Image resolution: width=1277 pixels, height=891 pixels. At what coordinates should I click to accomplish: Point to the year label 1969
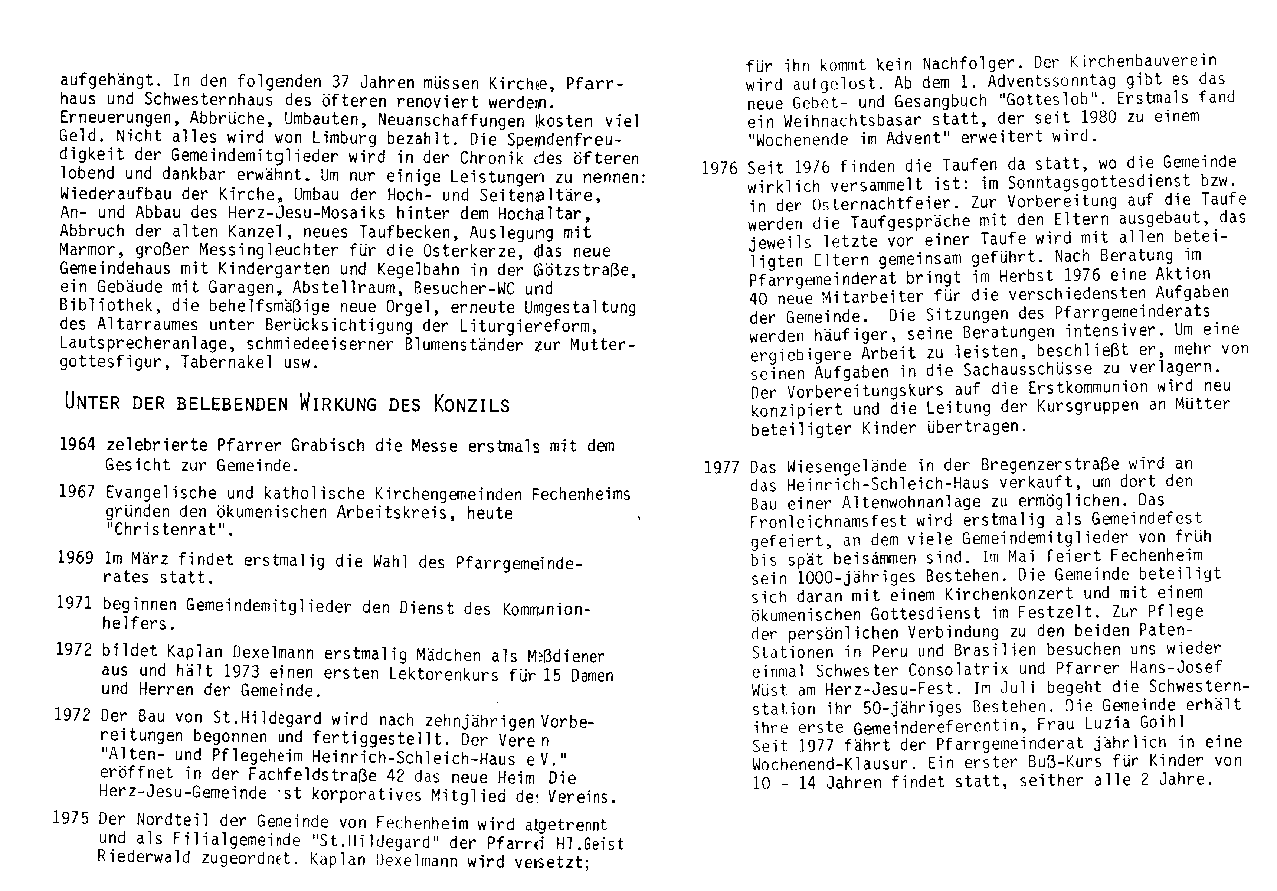point(75,558)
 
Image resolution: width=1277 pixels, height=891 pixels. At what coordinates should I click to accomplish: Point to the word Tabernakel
point(226,363)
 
